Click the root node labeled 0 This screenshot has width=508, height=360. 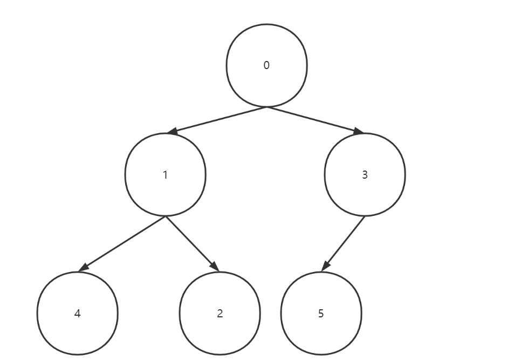(266, 65)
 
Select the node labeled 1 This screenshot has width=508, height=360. (165, 174)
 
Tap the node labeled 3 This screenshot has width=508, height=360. (365, 174)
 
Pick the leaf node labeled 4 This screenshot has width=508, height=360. (78, 313)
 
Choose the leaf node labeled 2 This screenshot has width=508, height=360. (220, 313)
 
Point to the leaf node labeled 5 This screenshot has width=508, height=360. (321, 313)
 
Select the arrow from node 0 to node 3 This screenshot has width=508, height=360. (315, 120)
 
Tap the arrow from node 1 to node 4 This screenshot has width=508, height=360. (122, 244)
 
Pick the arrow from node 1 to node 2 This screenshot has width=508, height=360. (193, 244)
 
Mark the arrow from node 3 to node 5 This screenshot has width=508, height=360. (343, 244)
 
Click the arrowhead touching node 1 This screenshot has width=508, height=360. (172, 131)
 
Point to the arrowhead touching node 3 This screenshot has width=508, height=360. (359, 131)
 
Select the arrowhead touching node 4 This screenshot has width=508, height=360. (83, 267)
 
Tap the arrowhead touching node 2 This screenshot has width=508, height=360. (215, 266)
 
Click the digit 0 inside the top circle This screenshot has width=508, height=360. (266, 65)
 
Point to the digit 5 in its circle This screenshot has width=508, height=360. (321, 314)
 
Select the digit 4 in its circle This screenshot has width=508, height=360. (78, 314)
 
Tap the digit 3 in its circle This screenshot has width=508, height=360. (365, 175)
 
